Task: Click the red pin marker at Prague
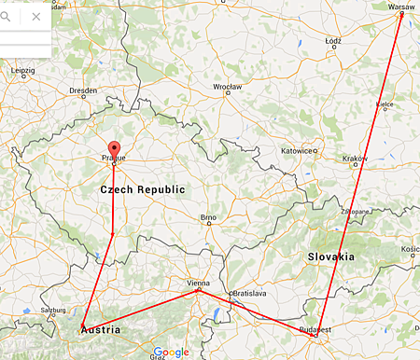114,150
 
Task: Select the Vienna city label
199,282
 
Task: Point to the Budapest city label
316,330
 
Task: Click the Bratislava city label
249,292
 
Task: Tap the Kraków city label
356,159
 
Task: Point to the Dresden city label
83,90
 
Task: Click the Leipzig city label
22,71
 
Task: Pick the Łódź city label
333,42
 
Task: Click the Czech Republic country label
142,189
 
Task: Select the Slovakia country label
331,256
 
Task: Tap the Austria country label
98,329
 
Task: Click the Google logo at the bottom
172,353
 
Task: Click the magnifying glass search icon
6,16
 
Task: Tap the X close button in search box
35,16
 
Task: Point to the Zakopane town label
354,212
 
